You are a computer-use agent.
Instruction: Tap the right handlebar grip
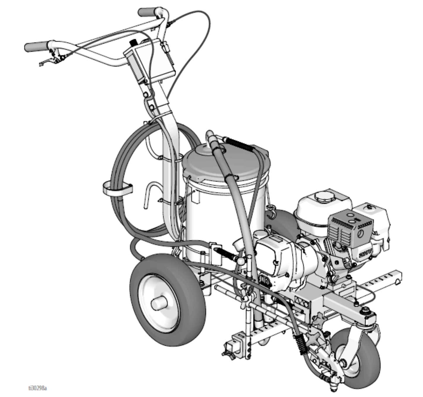pyautogui.click(x=147, y=12)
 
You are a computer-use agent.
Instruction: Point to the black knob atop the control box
pyautogui.click(x=133, y=42)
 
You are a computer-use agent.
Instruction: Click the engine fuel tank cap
pyautogui.click(x=322, y=195)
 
